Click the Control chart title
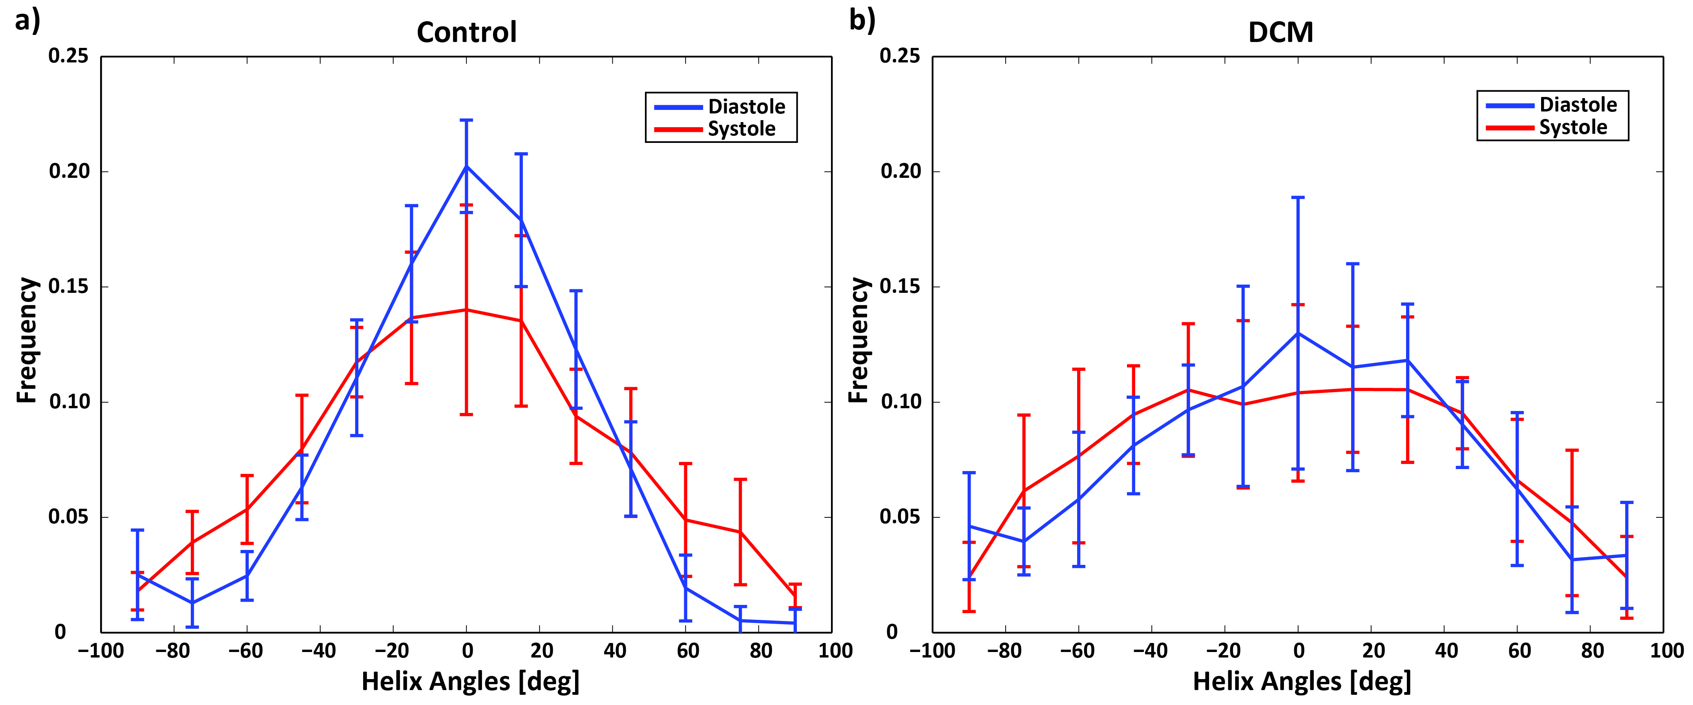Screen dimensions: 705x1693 [x=467, y=32]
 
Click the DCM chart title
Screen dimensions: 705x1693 [x=1280, y=32]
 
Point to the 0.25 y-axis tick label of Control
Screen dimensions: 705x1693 [x=68, y=56]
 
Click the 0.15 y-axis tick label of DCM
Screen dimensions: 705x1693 [x=900, y=287]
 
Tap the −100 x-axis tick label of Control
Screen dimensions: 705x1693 [x=100, y=651]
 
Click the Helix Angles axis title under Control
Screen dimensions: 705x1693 [x=471, y=682]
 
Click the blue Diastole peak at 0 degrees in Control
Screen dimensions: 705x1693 [x=467, y=166]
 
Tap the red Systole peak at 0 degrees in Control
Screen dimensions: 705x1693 [x=467, y=309]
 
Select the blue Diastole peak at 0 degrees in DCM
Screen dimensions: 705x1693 [x=1298, y=333]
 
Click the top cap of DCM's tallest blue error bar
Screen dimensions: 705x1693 [x=1298, y=197]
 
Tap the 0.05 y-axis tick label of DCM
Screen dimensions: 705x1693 [x=900, y=517]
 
